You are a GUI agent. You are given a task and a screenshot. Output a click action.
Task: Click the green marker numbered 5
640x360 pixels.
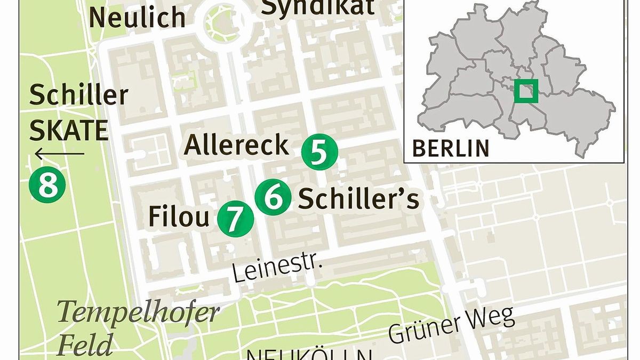coord(319,153)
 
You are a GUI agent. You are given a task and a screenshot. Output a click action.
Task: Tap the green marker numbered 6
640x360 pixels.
coord(273,197)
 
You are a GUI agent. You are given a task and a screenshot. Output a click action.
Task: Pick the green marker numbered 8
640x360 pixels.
coord(47,185)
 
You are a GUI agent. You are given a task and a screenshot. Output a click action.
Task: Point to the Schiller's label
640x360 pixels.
coord(358,199)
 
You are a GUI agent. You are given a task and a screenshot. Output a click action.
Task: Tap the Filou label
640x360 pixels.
coord(178,217)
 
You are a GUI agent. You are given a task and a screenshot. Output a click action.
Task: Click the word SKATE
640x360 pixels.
coord(69,130)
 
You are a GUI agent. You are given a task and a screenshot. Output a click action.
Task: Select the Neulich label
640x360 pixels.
coord(138,18)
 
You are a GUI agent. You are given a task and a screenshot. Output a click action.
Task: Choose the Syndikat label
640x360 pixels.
coord(318,7)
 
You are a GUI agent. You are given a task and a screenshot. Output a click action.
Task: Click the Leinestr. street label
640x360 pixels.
coord(277,269)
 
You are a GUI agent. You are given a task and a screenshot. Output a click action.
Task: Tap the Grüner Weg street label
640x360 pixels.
coord(451,324)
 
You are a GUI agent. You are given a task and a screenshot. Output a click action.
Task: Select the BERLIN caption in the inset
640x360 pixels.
coord(451,147)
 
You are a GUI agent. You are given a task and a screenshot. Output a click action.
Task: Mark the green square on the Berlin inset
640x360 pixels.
coord(526,91)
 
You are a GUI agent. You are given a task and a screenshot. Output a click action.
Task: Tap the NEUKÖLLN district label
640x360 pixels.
coord(309,354)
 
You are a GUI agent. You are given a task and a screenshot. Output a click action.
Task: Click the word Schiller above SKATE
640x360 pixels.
coord(79,95)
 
